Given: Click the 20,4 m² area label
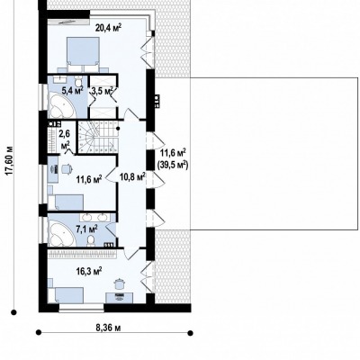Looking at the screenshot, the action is (x=108, y=28).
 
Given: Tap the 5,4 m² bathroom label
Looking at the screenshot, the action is (x=72, y=91).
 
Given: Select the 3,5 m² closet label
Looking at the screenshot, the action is (x=103, y=91).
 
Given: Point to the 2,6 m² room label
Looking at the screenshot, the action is (x=66, y=139).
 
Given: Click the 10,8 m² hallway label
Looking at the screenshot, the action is (x=132, y=177).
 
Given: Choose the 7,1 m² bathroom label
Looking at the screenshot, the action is (x=86, y=229).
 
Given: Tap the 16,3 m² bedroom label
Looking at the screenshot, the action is (x=89, y=272).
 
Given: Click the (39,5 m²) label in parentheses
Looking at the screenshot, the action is (x=173, y=165).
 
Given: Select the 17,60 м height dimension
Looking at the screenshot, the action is (x=10, y=160).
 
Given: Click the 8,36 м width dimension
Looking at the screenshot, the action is (x=108, y=328).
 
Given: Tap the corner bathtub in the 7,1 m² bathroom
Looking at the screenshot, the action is (x=61, y=233).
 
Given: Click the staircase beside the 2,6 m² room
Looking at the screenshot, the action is (x=98, y=137).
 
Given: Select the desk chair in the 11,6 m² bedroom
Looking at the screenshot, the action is (x=67, y=169).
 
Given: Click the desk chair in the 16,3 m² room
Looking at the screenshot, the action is (x=119, y=284).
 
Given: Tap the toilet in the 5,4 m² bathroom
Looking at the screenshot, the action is (x=78, y=81).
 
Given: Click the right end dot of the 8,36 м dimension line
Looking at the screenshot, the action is (x=190, y=333).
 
